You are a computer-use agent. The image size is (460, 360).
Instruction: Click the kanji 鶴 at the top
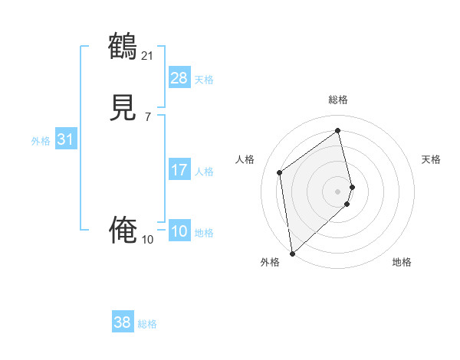(123, 47)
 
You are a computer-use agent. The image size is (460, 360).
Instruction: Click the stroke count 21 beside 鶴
(147, 55)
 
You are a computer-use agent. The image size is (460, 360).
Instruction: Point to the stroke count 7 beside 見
(147, 116)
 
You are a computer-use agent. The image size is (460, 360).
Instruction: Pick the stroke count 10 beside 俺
(147, 239)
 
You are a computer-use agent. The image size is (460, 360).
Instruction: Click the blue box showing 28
(179, 78)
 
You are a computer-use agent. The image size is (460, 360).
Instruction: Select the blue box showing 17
(179, 170)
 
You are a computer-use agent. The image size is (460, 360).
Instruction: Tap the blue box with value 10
(179, 231)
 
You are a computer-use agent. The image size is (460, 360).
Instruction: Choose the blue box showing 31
(65, 139)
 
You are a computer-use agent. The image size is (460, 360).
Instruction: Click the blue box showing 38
(122, 322)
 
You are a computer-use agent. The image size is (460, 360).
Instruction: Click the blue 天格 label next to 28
(204, 80)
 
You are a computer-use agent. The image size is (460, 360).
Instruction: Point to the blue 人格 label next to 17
(204, 172)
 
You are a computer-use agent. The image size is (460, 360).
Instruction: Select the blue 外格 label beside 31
(41, 141)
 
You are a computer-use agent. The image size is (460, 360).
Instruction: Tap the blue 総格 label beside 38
(147, 324)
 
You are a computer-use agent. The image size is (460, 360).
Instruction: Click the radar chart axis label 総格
(338, 100)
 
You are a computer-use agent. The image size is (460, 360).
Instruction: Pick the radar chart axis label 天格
(431, 159)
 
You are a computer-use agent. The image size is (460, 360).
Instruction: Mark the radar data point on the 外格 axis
(291, 253)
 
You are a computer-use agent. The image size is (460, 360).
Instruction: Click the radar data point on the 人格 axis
(280, 172)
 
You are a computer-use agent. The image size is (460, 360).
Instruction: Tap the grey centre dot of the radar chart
(338, 191)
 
